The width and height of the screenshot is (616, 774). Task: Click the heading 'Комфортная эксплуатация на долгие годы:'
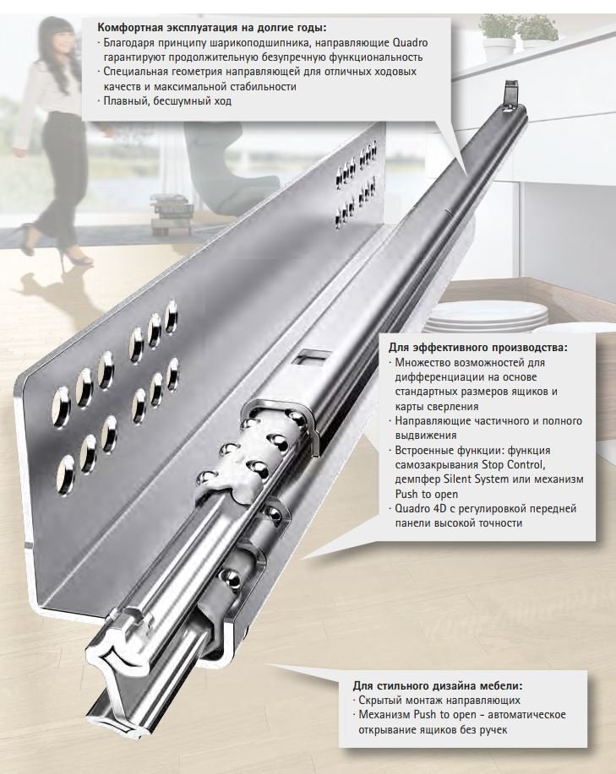pos(212,27)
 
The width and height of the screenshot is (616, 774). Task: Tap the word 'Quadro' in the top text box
pos(411,42)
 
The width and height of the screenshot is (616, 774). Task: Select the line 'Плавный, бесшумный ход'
pos(167,101)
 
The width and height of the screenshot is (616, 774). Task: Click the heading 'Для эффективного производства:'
pos(478,347)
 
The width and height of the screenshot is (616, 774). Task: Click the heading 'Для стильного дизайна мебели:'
pos(438,685)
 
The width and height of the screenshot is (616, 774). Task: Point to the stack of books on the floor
pos(171,211)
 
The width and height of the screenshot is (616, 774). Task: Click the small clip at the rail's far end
pos(510,95)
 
